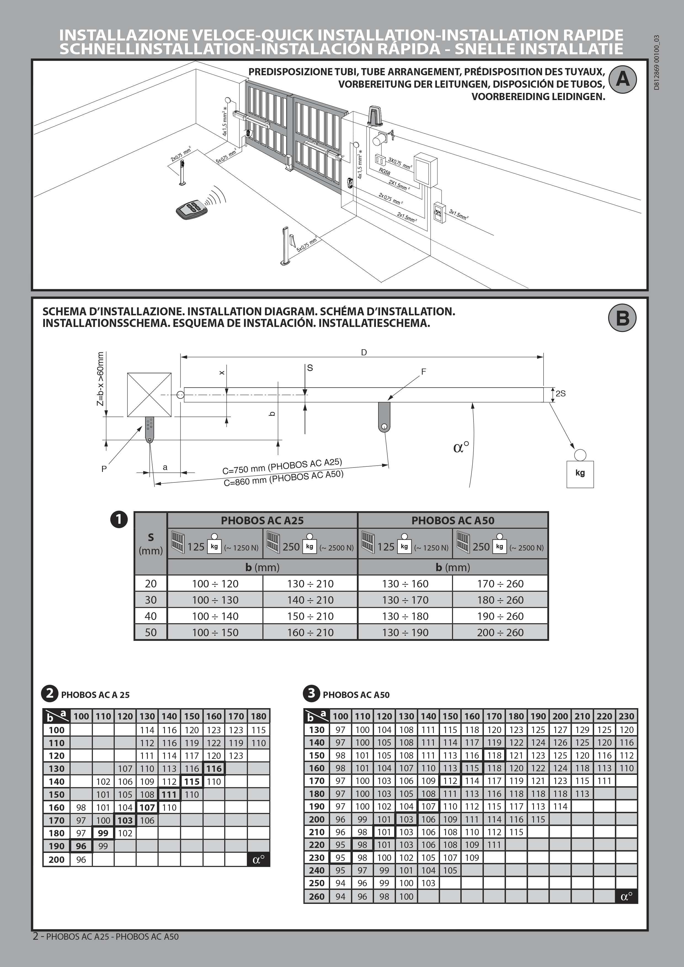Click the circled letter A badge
(x=622, y=79)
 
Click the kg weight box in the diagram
(x=580, y=473)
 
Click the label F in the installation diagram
(x=424, y=372)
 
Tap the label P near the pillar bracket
(x=104, y=469)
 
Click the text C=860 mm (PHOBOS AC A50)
(x=283, y=479)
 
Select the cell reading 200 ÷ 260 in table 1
(x=500, y=633)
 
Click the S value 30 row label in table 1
(x=151, y=600)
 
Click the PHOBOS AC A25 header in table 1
(x=262, y=520)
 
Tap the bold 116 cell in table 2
(x=214, y=769)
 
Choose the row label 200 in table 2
(x=57, y=859)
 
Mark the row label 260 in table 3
(x=317, y=897)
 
